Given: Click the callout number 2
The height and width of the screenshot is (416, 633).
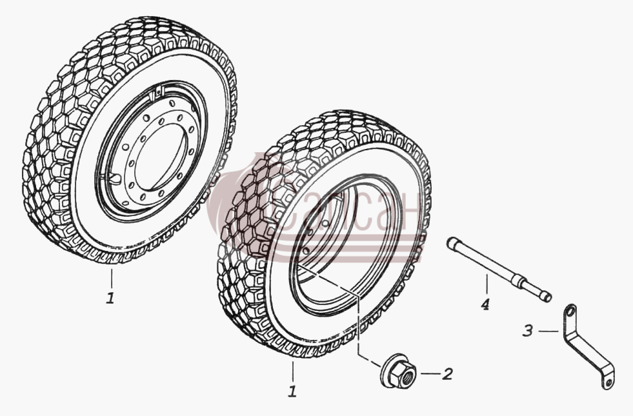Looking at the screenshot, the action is point(447,374).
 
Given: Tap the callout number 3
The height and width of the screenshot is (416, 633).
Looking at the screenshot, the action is point(528,331).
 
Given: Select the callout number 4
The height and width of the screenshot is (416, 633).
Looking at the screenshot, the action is point(485,304).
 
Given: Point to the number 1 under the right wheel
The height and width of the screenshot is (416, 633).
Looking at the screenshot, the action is point(292,391).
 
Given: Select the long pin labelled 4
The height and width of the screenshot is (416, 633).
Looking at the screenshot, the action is point(499,269).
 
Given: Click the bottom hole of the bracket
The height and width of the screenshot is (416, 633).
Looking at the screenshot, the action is point(608,381).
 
